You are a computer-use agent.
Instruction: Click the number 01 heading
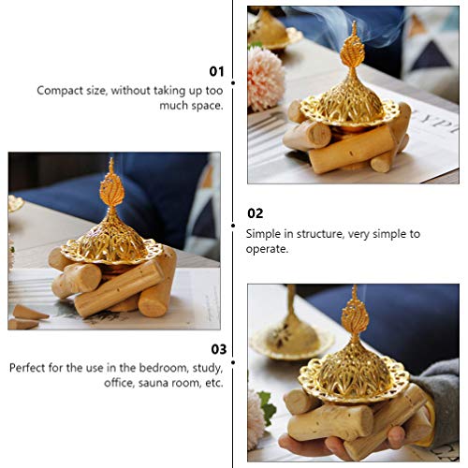216,71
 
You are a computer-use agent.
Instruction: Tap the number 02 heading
255,213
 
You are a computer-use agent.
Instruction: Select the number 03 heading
216,349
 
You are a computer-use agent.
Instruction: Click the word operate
268,249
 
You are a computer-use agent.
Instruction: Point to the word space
203,106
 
